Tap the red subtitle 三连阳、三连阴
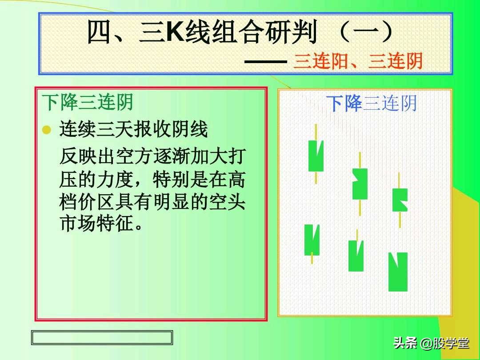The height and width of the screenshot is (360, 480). (357, 61)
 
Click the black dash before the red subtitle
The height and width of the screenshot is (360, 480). (265, 62)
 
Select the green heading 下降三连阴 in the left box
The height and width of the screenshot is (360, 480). (88, 103)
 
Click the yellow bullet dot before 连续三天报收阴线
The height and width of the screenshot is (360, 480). (46, 130)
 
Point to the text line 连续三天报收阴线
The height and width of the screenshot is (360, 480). (133, 130)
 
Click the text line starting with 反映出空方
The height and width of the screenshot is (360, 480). (152, 157)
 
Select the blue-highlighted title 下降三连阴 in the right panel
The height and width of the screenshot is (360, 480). (372, 104)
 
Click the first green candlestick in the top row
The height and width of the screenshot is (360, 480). (316, 156)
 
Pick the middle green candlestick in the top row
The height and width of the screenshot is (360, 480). (360, 184)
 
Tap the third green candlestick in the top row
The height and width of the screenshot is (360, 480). (400, 200)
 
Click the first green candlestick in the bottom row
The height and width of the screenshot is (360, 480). (312, 240)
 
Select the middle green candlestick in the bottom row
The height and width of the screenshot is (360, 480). (356, 256)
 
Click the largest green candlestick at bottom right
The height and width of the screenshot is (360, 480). (398, 272)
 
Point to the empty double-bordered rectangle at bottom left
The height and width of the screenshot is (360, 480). (102, 338)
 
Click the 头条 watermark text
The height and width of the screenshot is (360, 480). (405, 344)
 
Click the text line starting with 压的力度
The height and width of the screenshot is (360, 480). (152, 180)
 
